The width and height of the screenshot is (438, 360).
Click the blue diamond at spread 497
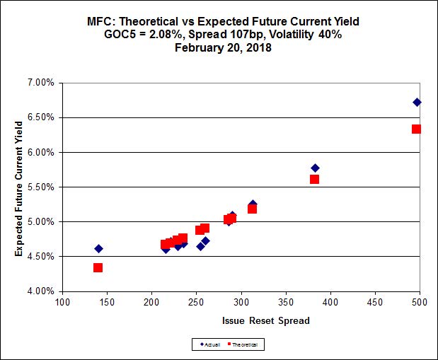click(417, 103)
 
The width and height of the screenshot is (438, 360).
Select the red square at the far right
click(416, 129)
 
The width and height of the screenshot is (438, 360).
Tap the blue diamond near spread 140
click(98, 248)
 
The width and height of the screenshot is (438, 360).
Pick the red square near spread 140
click(98, 267)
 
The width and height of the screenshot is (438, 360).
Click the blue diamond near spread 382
click(315, 168)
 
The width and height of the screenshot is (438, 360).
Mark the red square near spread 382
click(314, 179)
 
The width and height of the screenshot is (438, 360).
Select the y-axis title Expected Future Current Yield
click(19, 187)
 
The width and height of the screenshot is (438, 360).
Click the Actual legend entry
click(209, 344)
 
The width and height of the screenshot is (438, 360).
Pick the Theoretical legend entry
click(246, 344)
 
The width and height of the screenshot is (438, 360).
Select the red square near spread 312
click(252, 209)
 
